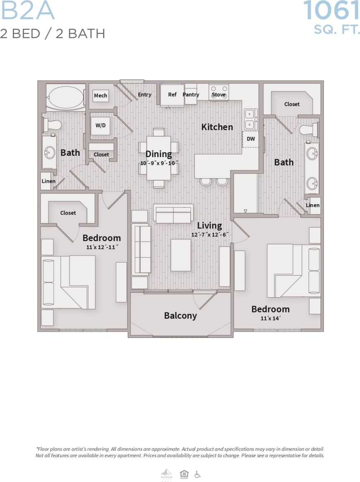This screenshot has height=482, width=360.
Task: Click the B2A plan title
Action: click(x=27, y=11)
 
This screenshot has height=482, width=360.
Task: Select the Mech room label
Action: click(x=100, y=95)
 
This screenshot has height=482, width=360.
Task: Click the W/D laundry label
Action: click(x=100, y=125)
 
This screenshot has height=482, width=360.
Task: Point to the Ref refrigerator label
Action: click(x=172, y=95)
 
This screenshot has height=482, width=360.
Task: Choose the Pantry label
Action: click(x=191, y=95)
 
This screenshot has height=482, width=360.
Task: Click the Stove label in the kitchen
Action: click(x=218, y=95)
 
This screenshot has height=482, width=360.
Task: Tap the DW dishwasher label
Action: click(x=251, y=139)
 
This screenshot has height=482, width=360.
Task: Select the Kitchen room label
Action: click(x=217, y=127)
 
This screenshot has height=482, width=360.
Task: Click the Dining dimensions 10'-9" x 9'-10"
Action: click(x=159, y=163)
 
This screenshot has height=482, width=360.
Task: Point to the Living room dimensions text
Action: click(x=210, y=234)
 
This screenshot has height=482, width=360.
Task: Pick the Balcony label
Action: click(x=180, y=315)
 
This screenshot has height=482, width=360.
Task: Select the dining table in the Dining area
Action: click(x=159, y=157)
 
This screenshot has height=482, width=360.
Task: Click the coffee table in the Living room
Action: click(x=181, y=255)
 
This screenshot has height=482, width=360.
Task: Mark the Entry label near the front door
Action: click(x=144, y=95)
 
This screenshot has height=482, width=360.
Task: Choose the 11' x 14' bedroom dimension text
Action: click(x=271, y=318)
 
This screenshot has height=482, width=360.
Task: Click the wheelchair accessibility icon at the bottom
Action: click(x=197, y=474)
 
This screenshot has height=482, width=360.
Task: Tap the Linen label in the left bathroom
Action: click(x=48, y=181)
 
